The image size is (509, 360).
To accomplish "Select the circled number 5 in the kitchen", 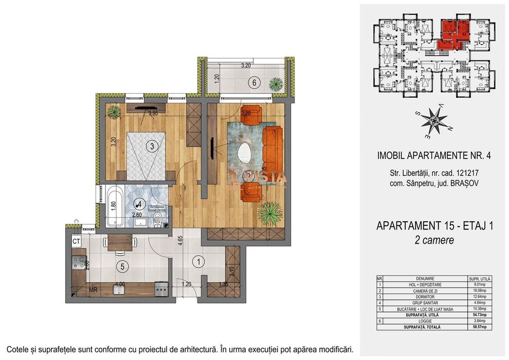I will tap(121, 266).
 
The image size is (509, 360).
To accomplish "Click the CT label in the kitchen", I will tap(76, 241).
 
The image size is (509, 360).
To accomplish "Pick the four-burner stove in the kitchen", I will tap(79, 263).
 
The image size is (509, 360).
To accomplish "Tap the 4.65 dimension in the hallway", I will tap(179, 242).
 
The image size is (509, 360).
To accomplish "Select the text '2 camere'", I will tap(434, 240).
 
